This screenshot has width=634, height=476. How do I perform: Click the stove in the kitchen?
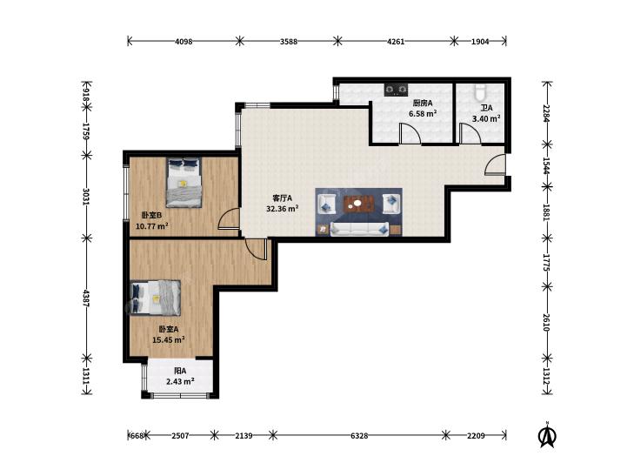(x=396, y=90)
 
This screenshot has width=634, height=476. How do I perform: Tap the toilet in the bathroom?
(x=480, y=91)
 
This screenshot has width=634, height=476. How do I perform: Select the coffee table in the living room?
(x=357, y=204)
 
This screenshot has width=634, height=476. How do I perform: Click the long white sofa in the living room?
(x=359, y=229)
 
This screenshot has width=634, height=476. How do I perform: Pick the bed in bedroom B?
(x=184, y=183)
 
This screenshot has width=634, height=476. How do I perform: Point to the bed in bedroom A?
(x=156, y=298)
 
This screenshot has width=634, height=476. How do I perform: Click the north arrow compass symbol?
(x=548, y=435)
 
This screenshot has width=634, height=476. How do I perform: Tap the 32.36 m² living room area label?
(x=283, y=209)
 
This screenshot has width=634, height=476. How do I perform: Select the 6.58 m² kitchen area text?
(x=423, y=114)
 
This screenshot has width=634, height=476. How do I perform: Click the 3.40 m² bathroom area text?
(x=486, y=118)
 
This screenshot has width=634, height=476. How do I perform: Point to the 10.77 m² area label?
(x=152, y=226)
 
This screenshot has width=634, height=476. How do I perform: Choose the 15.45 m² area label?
(x=169, y=339)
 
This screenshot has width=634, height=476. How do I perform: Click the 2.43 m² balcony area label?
(x=180, y=381)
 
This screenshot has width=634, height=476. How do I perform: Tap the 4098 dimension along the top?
(x=184, y=41)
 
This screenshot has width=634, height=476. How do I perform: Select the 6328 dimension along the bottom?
(x=359, y=436)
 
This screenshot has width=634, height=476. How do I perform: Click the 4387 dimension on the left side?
(x=86, y=298)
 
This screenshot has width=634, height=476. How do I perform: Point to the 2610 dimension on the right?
(x=547, y=322)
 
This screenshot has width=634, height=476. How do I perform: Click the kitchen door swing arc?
(x=410, y=133)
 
